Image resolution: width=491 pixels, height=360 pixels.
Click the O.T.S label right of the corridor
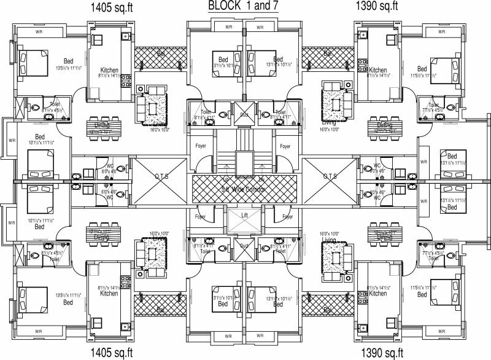(x=330, y=176)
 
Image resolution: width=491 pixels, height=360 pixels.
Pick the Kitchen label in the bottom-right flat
(x=377, y=294)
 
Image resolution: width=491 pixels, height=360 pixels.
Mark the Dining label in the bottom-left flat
(x=102, y=236)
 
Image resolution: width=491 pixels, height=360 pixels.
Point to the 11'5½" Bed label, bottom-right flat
(x=422, y=294)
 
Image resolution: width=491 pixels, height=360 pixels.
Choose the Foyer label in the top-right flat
(x=285, y=147)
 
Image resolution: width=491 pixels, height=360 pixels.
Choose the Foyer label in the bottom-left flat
(x=201, y=217)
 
